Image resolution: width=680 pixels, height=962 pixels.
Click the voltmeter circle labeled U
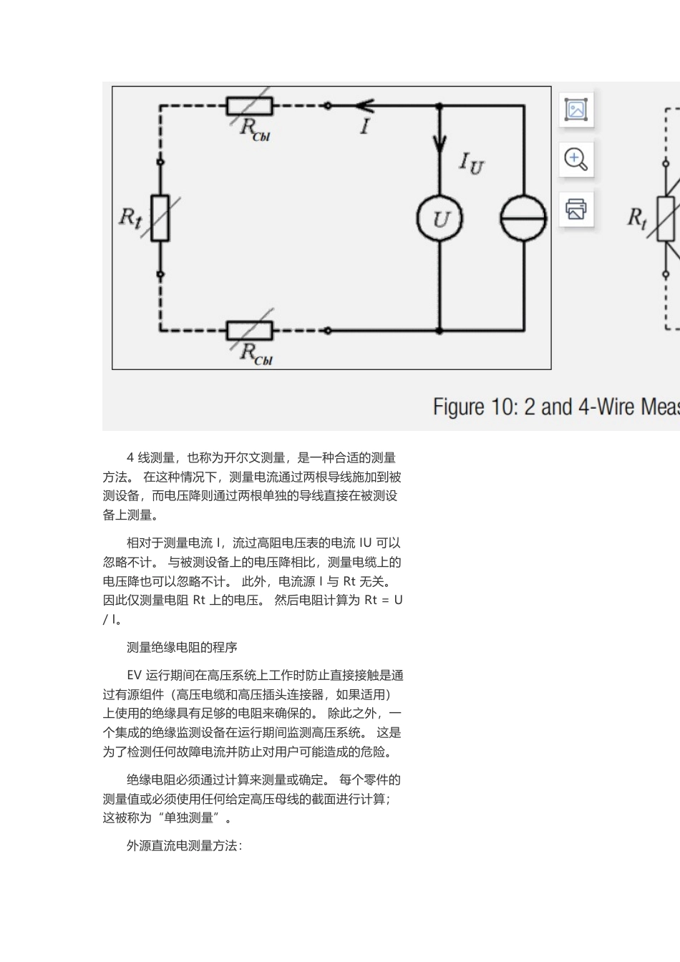pyautogui.click(x=439, y=219)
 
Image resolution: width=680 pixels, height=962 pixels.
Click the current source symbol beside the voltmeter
pyautogui.click(x=523, y=219)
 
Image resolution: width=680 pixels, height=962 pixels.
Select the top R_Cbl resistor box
pyautogui.click(x=250, y=106)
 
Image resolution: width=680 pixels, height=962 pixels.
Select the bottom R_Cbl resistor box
pyautogui.click(x=250, y=331)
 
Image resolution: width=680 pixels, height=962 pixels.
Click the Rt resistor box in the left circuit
pyautogui.click(x=160, y=218)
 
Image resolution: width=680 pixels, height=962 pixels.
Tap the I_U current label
pyautogui.click(x=471, y=162)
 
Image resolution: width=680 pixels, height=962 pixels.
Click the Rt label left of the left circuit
pyautogui.click(x=130, y=217)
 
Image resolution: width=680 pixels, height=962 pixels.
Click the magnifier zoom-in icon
pyautogui.click(x=576, y=159)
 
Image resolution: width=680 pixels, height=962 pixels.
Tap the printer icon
pyautogui.click(x=576, y=209)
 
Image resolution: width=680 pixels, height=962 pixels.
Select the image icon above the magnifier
pyautogui.click(x=576, y=110)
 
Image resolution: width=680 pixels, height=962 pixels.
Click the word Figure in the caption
pyautogui.click(x=459, y=407)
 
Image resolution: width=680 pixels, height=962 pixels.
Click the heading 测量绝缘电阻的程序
pyautogui.click(x=182, y=647)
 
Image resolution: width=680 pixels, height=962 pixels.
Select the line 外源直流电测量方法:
pyautogui.click(x=185, y=845)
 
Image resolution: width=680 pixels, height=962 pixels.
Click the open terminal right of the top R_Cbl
pyautogui.click(x=328, y=106)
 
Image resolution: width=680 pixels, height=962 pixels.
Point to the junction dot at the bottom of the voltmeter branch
pyautogui.click(x=439, y=331)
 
